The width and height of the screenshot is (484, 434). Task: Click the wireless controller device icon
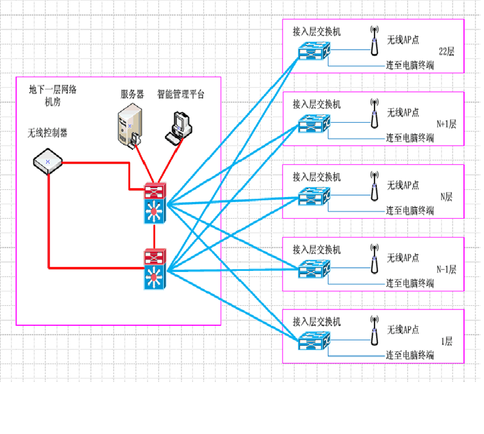[x=48, y=161]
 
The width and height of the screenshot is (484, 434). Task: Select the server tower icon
[x=130, y=126]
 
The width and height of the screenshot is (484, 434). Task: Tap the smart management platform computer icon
[x=178, y=128]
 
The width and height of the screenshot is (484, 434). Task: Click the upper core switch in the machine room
[x=155, y=203]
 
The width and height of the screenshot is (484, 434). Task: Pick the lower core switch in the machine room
[x=155, y=269]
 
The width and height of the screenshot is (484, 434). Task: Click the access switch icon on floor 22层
[x=314, y=51]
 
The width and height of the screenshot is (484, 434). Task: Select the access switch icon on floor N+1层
[x=314, y=124]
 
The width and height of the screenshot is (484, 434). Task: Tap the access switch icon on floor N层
[x=314, y=196]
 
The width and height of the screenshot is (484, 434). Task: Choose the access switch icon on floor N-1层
[x=314, y=269]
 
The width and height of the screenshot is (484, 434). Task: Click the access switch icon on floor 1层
[x=314, y=341]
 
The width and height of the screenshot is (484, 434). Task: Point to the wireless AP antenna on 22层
[x=374, y=40]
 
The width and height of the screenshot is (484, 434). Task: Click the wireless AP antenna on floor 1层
[x=374, y=331]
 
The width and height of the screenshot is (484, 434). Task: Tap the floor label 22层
[x=446, y=51]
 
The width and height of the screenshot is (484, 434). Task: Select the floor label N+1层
[x=446, y=125]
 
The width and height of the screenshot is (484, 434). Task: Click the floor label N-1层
[x=446, y=270]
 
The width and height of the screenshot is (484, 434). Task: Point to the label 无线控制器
[x=48, y=133]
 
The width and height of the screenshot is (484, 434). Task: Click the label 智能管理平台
[x=181, y=94]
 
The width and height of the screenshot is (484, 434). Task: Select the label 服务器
[x=132, y=94]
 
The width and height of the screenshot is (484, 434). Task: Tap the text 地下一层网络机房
[x=53, y=96]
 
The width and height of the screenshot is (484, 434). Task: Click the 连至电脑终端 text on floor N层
[x=410, y=211]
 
